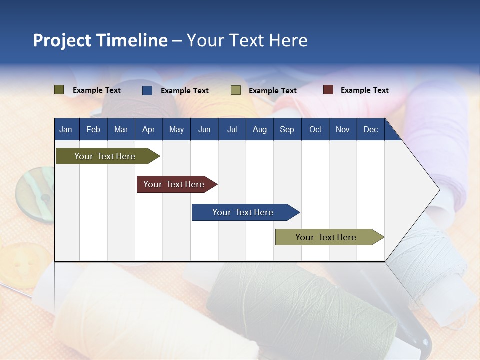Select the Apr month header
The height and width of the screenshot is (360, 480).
click(149, 129)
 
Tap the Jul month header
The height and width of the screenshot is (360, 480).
click(232, 129)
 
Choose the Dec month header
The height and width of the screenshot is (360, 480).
click(371, 129)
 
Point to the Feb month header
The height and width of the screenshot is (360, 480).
click(93, 129)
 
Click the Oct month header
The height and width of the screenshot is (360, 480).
click(315, 129)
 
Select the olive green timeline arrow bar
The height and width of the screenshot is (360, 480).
click(108, 156)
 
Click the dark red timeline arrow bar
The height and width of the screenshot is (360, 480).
click(177, 184)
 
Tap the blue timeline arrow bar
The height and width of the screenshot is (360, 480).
click(246, 212)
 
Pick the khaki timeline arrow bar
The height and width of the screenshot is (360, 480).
click(330, 237)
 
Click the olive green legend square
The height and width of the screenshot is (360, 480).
click(59, 90)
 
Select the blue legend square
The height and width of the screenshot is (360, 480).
click(147, 90)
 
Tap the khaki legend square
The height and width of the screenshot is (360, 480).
click(235, 90)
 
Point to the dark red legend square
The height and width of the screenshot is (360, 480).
click(328, 89)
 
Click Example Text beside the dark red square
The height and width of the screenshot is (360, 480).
click(365, 90)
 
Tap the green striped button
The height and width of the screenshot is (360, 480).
click(35, 194)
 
